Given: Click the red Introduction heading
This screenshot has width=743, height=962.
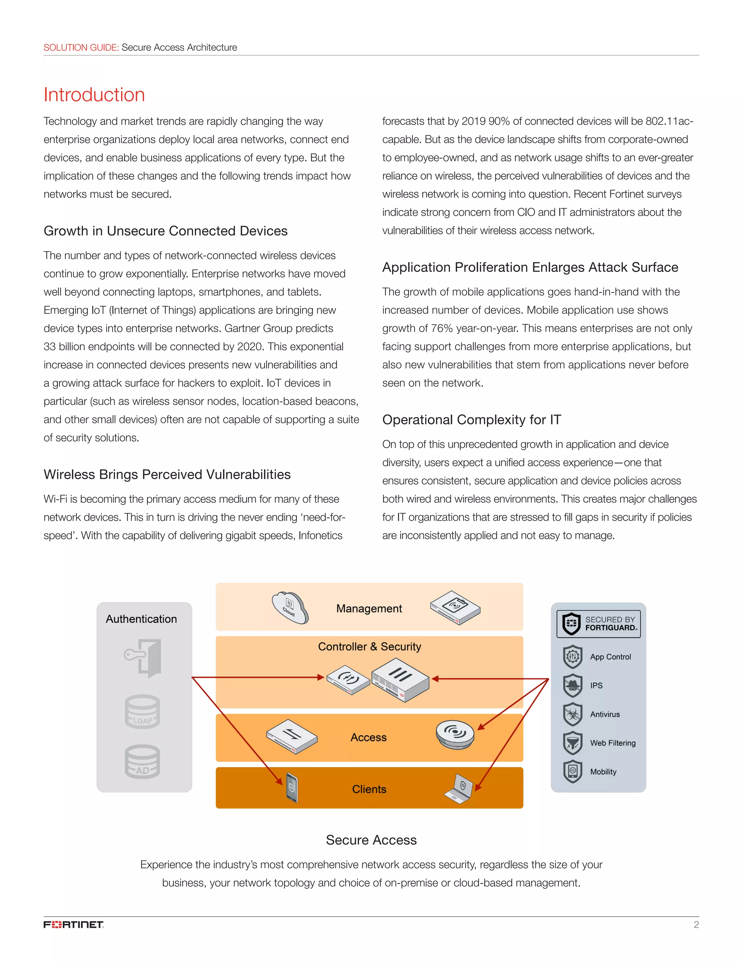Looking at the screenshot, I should tap(94, 95).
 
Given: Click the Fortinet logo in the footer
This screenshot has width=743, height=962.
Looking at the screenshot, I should tap(74, 924).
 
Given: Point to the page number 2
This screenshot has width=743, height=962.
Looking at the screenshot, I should tap(696, 925).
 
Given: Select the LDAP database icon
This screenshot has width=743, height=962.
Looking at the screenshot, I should tap(142, 712).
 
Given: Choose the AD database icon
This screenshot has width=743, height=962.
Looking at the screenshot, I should tap(142, 762).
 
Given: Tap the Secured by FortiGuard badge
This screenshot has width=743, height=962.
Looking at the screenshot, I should tap(598, 624).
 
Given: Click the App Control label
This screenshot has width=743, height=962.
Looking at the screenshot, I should tap(610, 657).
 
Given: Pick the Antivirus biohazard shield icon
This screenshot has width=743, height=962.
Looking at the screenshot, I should tap(572, 714).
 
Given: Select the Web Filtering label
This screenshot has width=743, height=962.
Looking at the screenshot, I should tap(613, 743).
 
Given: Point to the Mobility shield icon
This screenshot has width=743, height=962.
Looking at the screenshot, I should tap(572, 771).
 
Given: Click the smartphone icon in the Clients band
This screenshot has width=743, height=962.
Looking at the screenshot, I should tap(292, 788).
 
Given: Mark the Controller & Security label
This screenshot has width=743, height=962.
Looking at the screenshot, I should tap(369, 647).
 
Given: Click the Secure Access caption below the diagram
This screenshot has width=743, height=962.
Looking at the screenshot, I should tap(371, 840).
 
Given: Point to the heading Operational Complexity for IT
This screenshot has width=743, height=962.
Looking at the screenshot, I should tap(471, 420).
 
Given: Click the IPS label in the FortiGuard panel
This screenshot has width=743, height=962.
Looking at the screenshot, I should tap(596, 685).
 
